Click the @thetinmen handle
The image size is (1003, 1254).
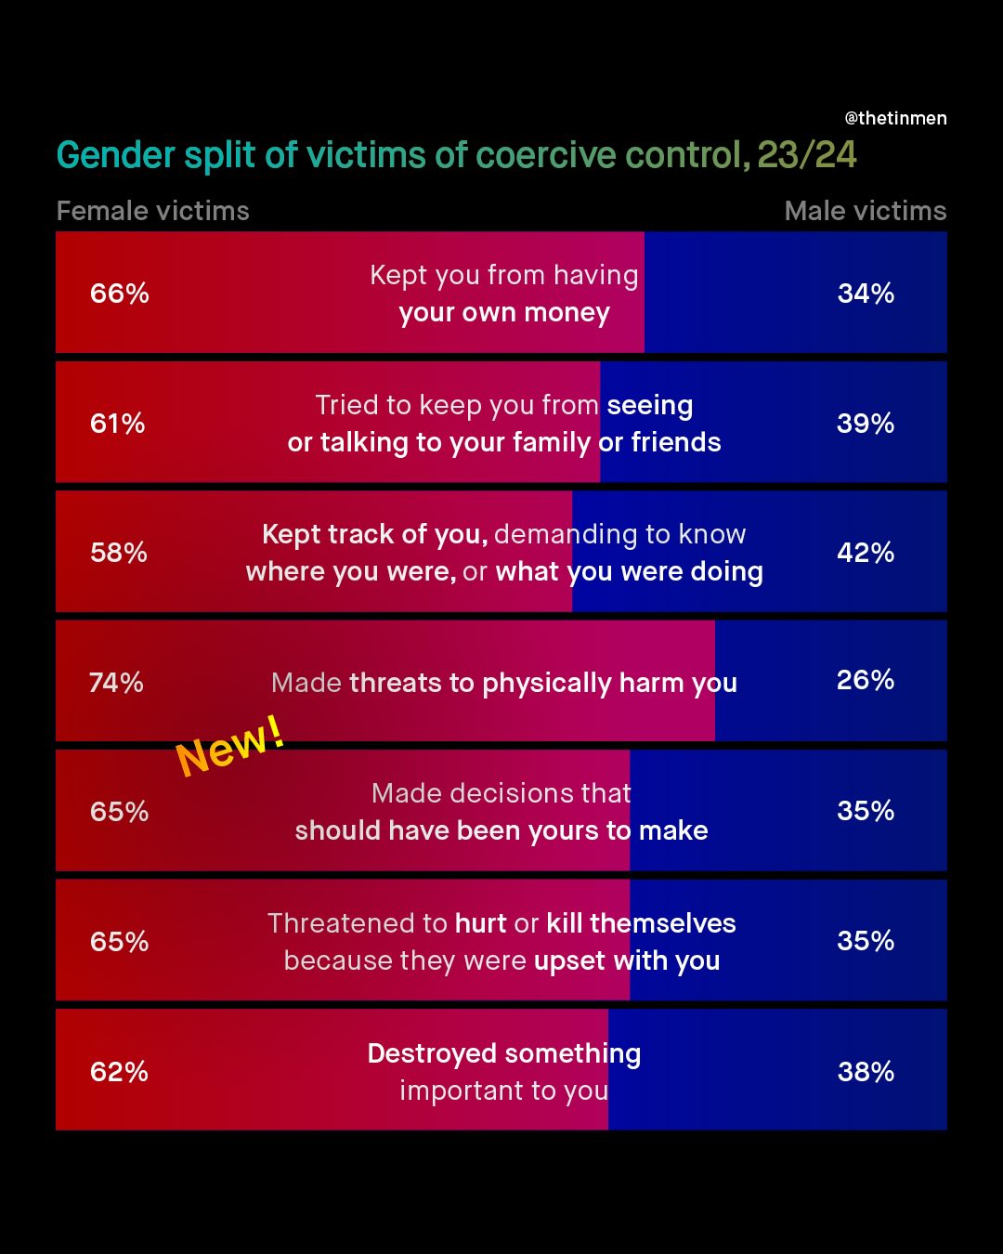pyautogui.click(x=895, y=118)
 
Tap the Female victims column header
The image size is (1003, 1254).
pyautogui.click(x=152, y=211)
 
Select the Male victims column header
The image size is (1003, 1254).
pyautogui.click(x=865, y=211)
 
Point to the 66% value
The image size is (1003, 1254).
pyautogui.click(x=119, y=294)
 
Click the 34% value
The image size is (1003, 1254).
pyautogui.click(x=866, y=294)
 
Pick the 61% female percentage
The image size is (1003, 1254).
pyautogui.click(x=117, y=424)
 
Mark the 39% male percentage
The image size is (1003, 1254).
pyautogui.click(x=866, y=424)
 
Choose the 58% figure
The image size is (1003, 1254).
pyautogui.click(x=118, y=553)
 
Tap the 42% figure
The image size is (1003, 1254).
pyautogui.click(x=866, y=553)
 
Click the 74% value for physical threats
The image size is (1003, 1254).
pyautogui.click(x=116, y=683)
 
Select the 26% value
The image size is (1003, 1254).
pyautogui.click(x=866, y=680)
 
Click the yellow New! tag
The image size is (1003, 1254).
pyautogui.click(x=230, y=746)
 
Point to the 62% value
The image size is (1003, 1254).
pyautogui.click(x=119, y=1072)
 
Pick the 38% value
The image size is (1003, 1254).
pyautogui.click(x=866, y=1072)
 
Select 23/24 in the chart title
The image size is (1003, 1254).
pyautogui.click(x=806, y=155)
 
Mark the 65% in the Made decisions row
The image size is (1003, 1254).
pyautogui.click(x=119, y=812)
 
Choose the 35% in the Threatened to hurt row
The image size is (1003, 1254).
pyautogui.click(x=866, y=941)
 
